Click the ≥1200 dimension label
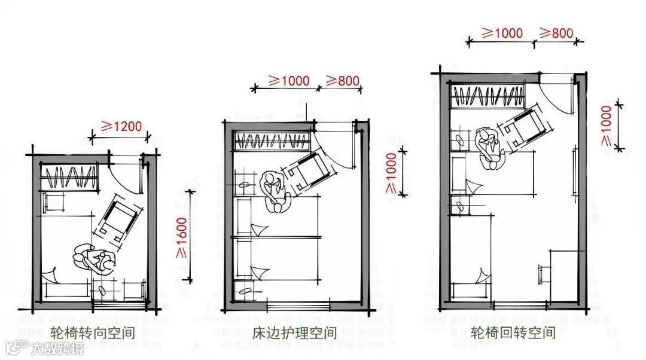click(x=121, y=126)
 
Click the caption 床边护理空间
click(x=294, y=332)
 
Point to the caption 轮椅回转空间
click(x=513, y=332)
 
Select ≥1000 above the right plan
click(x=502, y=33)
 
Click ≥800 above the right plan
click(x=556, y=33)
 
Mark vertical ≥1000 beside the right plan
click(x=607, y=125)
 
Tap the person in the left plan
click(x=93, y=259)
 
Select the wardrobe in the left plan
click(x=70, y=177)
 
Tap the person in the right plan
click(x=490, y=147)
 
